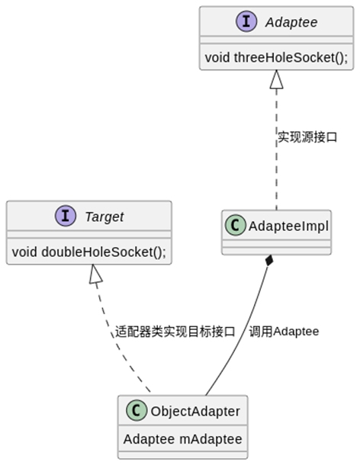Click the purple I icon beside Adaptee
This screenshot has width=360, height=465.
tap(248, 22)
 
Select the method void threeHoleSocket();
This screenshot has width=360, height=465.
tap(276, 56)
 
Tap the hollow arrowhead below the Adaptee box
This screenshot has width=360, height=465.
tap(276, 79)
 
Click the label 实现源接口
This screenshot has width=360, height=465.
tap(307, 137)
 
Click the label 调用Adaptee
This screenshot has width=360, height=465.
tap(283, 332)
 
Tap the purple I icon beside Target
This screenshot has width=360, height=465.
tap(65, 216)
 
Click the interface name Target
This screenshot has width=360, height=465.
tap(104, 217)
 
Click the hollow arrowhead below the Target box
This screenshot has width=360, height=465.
tap(95, 274)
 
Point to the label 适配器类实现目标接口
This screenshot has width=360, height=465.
tap(175, 332)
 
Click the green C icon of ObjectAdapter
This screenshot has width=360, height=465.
tap(135, 412)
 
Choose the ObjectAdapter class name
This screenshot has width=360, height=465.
tap(195, 412)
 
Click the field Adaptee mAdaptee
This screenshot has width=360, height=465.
tap(182, 439)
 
